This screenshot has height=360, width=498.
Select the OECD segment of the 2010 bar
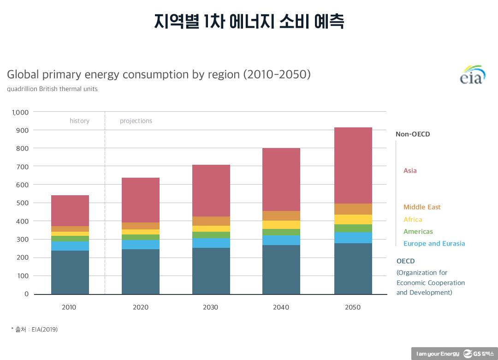click(x=70, y=272)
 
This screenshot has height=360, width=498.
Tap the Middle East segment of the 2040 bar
click(x=281, y=216)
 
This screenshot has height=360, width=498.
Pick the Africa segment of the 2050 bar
click(x=353, y=219)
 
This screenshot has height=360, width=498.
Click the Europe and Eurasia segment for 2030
click(x=211, y=243)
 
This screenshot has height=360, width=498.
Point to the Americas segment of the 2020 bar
click(x=140, y=237)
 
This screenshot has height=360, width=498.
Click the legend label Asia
click(x=410, y=171)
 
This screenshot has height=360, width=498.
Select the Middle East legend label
click(x=422, y=207)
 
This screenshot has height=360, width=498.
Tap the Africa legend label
click(x=413, y=220)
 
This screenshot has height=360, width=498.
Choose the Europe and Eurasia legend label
click(x=434, y=244)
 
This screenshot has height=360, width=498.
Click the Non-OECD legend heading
click(x=413, y=134)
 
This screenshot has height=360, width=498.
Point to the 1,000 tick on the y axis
click(x=20, y=112)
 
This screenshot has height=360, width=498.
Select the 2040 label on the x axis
click(x=281, y=307)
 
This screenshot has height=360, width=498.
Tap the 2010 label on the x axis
click(x=69, y=307)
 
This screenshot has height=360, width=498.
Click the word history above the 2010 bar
click(x=79, y=121)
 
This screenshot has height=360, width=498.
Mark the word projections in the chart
click(x=136, y=121)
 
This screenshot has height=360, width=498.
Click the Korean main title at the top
click(x=249, y=21)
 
